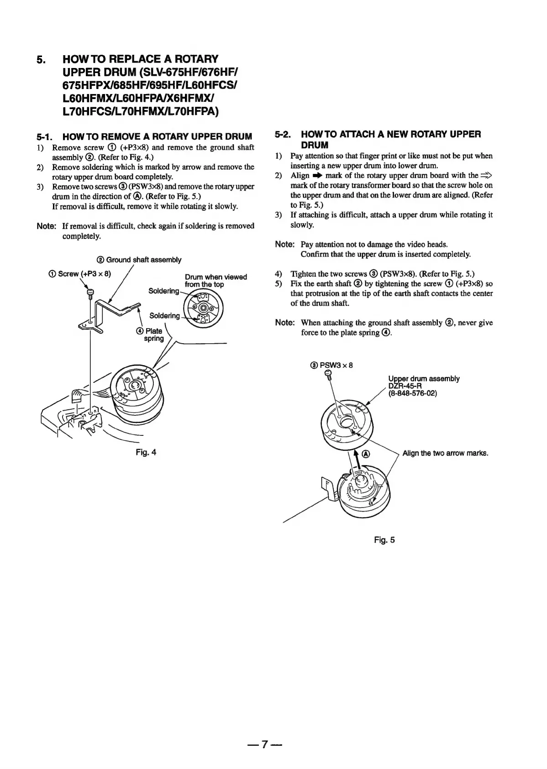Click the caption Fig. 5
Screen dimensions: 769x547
384,540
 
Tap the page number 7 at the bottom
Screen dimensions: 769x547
264,744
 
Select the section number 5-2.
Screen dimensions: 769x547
284,134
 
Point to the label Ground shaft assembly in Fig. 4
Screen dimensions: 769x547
139,260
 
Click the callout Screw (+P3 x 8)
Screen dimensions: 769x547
80,274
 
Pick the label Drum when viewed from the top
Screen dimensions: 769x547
216,280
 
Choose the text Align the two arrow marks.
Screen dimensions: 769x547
445,453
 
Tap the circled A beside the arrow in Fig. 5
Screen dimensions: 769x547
366,455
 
